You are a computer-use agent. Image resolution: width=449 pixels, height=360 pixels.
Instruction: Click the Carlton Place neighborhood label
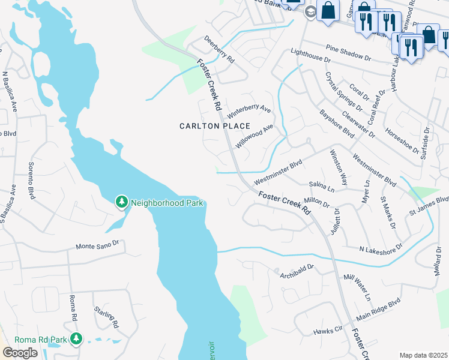pyautogui.click(x=206, y=126)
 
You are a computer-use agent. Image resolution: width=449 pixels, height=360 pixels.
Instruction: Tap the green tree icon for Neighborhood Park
pyautogui.click(x=122, y=202)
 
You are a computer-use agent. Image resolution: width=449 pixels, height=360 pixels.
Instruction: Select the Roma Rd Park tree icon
pyautogui.click(x=76, y=340)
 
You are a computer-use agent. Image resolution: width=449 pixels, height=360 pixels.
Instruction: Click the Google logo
pyautogui.click(x=20, y=353)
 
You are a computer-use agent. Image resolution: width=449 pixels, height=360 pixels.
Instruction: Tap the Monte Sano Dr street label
pyautogui.click(x=98, y=246)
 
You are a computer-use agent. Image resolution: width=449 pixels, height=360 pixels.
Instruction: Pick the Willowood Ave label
pyautogui.click(x=255, y=136)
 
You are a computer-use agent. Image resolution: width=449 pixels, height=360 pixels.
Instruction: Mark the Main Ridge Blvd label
pyautogui.click(x=378, y=310)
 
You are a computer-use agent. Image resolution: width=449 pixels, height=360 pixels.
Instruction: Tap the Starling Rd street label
pyautogui.click(x=106, y=317)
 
